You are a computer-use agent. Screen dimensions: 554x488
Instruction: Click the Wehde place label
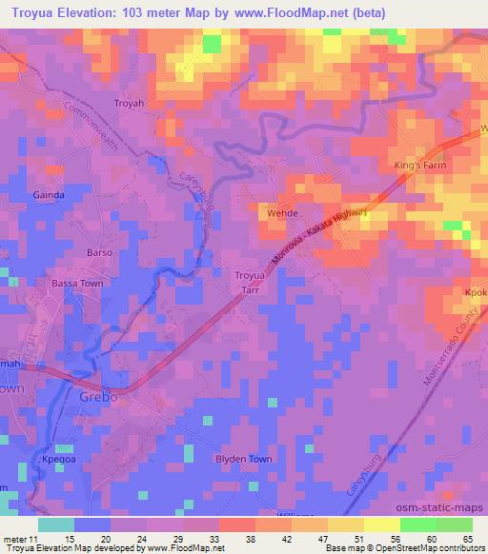tap(282, 214)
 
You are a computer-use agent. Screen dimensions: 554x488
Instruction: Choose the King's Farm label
tap(420, 166)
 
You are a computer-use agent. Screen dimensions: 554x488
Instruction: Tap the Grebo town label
tap(98, 397)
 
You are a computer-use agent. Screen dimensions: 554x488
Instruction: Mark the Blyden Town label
tap(243, 459)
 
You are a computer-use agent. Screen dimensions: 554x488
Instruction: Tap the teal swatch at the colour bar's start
tap(56, 524)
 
